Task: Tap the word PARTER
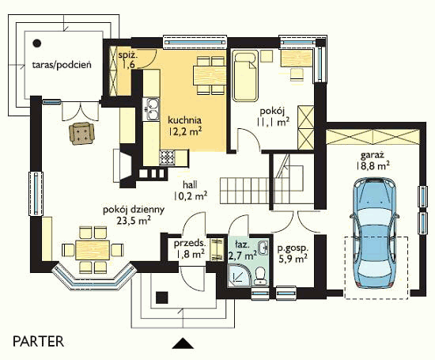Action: click(38, 341)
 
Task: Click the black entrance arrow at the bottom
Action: click(183, 343)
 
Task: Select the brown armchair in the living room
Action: click(81, 133)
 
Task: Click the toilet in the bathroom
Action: click(260, 275)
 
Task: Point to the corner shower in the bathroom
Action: click(239, 275)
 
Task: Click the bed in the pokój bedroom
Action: click(245, 76)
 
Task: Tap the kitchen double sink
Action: click(152, 109)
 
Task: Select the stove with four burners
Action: click(168, 157)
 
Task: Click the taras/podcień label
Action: click(62, 65)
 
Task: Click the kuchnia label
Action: click(184, 120)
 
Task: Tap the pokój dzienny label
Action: click(134, 210)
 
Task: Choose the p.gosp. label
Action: click(293, 248)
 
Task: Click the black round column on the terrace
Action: click(37, 43)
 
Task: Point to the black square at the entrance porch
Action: click(161, 297)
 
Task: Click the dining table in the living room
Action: click(93, 250)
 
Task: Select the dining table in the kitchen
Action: click(210, 75)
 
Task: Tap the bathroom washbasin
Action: click(263, 248)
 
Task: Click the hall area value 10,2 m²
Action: click(191, 196)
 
